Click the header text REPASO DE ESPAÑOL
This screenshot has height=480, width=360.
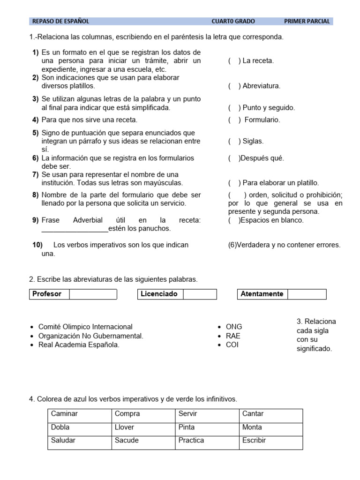pyautogui.click(x=60, y=21)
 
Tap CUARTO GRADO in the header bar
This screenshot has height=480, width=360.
pyautogui.click(x=233, y=21)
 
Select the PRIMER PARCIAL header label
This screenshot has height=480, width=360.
pyautogui.click(x=307, y=21)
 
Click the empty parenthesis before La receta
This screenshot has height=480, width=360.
pyautogui.click(x=234, y=60)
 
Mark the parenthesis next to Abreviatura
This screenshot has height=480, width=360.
pyautogui.click(x=234, y=86)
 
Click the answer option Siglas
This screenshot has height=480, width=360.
pyautogui.click(x=253, y=141)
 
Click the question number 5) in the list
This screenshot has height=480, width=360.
pyautogui.click(x=35, y=133)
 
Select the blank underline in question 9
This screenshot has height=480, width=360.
pyautogui.click(x=75, y=229)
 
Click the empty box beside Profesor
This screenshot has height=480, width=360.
pyautogui.click(x=93, y=294)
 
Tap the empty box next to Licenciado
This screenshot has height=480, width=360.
pyautogui.click(x=200, y=294)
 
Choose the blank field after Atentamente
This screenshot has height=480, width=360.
pyautogui.click(x=307, y=294)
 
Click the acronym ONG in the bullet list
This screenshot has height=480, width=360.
pyautogui.click(x=234, y=327)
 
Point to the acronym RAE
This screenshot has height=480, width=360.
pyautogui.click(x=233, y=336)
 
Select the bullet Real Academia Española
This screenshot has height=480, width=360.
pyautogui.click(x=79, y=345)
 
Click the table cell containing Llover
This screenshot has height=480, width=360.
pyautogui.click(x=143, y=427)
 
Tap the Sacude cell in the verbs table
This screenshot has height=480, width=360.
pyautogui.click(x=143, y=441)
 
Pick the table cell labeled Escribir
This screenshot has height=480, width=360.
pyautogui.click(x=271, y=441)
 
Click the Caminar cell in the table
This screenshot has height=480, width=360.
pyautogui.click(x=80, y=414)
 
